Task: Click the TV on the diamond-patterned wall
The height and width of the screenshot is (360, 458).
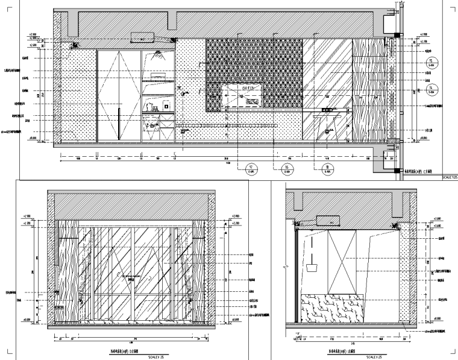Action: (243, 95)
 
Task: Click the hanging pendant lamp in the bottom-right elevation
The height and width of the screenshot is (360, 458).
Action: (313, 262)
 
